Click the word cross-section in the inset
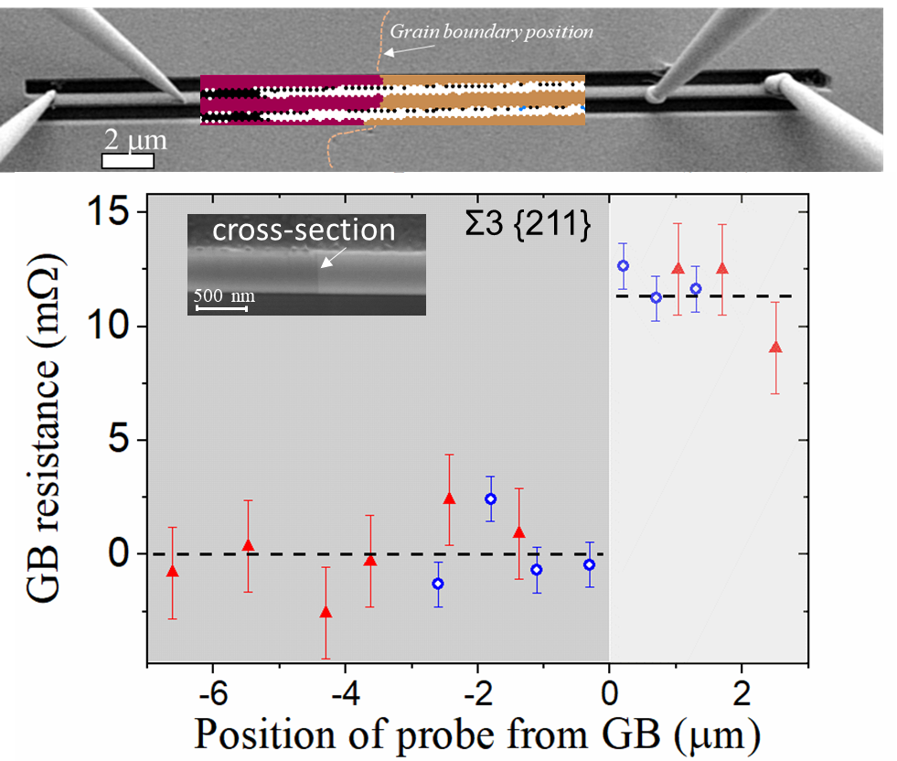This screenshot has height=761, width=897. coord(304,230)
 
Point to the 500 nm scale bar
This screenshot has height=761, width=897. coord(221,308)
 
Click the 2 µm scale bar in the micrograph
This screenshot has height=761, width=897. coord(127,161)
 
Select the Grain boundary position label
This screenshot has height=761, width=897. coord(492,31)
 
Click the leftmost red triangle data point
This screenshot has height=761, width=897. coord(171,572)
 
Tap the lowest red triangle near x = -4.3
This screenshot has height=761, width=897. coord(326,612)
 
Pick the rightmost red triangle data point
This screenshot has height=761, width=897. coord(775,348)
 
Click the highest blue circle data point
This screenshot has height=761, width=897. coord(624,265)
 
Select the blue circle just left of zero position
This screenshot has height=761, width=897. coord(590,564)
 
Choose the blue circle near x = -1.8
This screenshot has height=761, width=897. coord(491,498)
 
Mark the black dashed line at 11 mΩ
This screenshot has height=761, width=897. coord(713,296)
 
